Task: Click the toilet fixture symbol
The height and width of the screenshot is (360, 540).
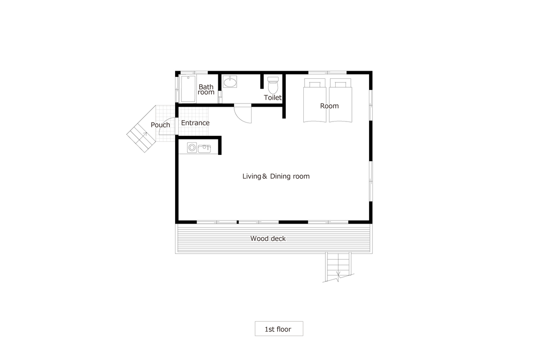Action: [273, 85]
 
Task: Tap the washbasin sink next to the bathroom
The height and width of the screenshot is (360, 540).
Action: [230, 82]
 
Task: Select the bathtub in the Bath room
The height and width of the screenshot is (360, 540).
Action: [188, 89]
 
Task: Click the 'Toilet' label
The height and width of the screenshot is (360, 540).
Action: [273, 98]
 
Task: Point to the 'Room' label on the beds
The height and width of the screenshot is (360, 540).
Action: [329, 106]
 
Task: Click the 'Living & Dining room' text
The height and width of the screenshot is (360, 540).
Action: [276, 176]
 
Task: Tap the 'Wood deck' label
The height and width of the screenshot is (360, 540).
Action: [268, 238]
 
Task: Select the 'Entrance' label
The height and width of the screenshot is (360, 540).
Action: [195, 123]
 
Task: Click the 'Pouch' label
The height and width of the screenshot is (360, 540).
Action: [160, 125]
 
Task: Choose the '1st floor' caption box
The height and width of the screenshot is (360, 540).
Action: [279, 328]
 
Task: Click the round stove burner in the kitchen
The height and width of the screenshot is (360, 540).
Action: [192, 148]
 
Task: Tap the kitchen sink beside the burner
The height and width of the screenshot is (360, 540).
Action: [204, 148]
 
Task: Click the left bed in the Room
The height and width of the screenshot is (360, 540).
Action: [315, 100]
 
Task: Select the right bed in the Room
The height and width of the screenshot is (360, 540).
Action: [340, 100]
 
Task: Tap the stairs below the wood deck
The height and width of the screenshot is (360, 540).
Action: [338, 267]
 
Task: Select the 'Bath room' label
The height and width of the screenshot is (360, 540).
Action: [206, 90]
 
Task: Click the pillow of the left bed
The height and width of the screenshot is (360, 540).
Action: [315, 84]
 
